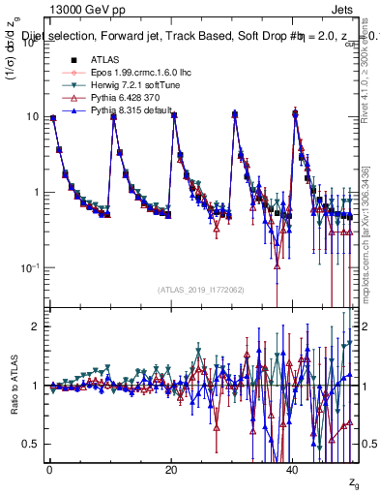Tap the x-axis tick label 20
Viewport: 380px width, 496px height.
click(x=171, y=470)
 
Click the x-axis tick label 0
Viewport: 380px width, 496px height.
click(x=49, y=470)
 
